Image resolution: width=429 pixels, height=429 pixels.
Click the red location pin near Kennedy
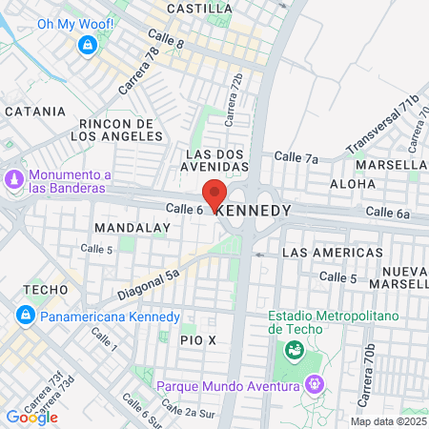215,194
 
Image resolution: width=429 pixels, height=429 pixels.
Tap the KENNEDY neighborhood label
253,210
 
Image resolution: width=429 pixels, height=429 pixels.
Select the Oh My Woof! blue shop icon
88,44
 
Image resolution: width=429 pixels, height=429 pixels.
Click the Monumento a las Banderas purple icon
14,180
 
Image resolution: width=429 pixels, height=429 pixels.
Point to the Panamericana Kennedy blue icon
25,316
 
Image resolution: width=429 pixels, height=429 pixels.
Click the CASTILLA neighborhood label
198,9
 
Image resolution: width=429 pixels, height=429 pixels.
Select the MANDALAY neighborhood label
133,229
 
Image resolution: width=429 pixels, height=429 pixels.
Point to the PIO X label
198,339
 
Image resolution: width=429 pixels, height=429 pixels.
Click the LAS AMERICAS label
320,253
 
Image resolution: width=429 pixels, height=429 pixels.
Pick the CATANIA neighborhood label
34,112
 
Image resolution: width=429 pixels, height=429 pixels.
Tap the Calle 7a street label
296,156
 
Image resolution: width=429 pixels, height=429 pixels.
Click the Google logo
31,417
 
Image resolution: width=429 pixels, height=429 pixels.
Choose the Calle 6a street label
387,213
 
